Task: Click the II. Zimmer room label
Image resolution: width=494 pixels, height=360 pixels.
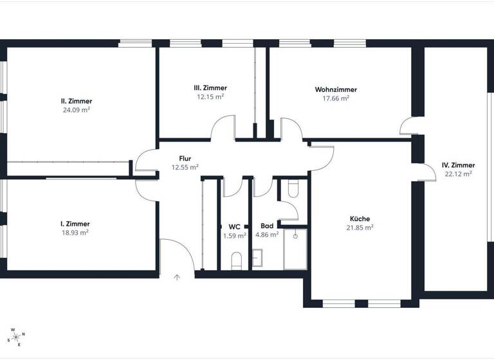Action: tap(77, 101)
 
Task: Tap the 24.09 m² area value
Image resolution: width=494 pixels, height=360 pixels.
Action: tap(77, 110)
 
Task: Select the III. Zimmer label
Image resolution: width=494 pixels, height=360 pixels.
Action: tap(210, 88)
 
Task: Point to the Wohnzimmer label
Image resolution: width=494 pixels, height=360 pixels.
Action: tap(336, 89)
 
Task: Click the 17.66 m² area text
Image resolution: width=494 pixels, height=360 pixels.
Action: tap(336, 98)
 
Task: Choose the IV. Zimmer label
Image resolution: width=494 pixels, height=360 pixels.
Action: tap(459, 165)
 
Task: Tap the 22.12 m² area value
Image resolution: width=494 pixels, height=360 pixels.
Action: tap(459, 174)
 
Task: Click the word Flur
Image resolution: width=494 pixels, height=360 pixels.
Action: tap(185, 158)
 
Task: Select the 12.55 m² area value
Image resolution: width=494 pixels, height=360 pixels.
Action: tap(185, 167)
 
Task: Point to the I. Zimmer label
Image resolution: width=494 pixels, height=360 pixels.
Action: tap(75, 224)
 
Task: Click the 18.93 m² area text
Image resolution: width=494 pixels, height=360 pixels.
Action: tap(75, 233)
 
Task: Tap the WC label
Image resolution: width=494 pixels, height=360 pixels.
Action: tap(234, 227)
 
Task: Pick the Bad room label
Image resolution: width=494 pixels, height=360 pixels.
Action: tap(267, 226)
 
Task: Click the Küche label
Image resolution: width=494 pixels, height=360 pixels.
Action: tap(360, 218)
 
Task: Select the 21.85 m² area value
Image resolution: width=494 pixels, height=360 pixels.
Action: tap(360, 228)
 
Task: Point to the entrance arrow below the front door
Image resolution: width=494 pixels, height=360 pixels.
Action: tap(178, 278)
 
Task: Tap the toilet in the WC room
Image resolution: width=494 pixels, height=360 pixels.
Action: tap(235, 260)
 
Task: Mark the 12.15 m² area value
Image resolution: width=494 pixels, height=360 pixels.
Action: tap(210, 97)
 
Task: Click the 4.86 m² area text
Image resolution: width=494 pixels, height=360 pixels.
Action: tap(267, 235)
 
